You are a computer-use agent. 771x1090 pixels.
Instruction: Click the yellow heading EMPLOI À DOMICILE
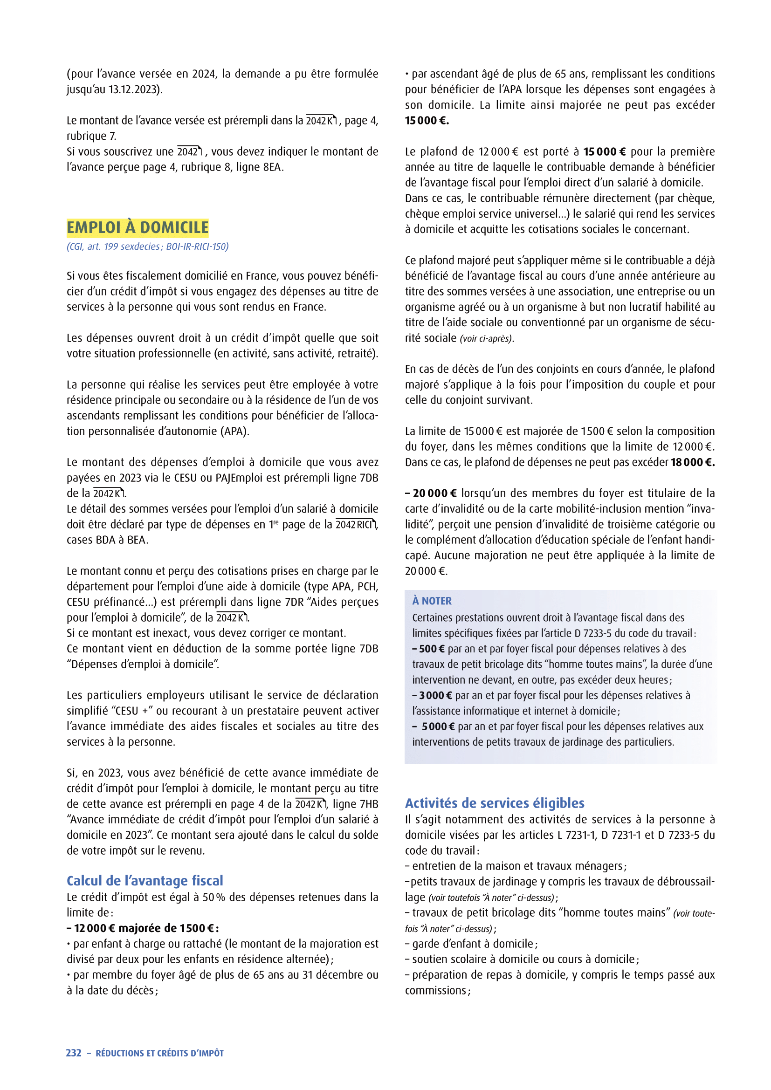click(137, 228)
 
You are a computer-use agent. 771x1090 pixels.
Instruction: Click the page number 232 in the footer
click(74, 1053)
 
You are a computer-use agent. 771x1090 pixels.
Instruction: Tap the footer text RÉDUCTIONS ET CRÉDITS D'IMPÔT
click(159, 1054)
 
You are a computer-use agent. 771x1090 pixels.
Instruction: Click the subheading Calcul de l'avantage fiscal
click(145, 881)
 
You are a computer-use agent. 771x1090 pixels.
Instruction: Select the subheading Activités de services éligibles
click(495, 803)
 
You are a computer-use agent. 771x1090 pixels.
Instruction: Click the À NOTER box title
click(432, 601)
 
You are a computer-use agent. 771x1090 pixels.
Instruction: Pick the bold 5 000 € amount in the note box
click(438, 727)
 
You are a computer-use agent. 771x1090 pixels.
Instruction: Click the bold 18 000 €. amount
click(692, 462)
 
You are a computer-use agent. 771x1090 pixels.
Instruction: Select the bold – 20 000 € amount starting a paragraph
click(431, 493)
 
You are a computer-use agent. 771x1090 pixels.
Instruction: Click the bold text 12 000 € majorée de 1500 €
click(143, 928)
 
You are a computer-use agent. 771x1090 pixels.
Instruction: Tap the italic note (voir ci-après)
click(487, 338)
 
